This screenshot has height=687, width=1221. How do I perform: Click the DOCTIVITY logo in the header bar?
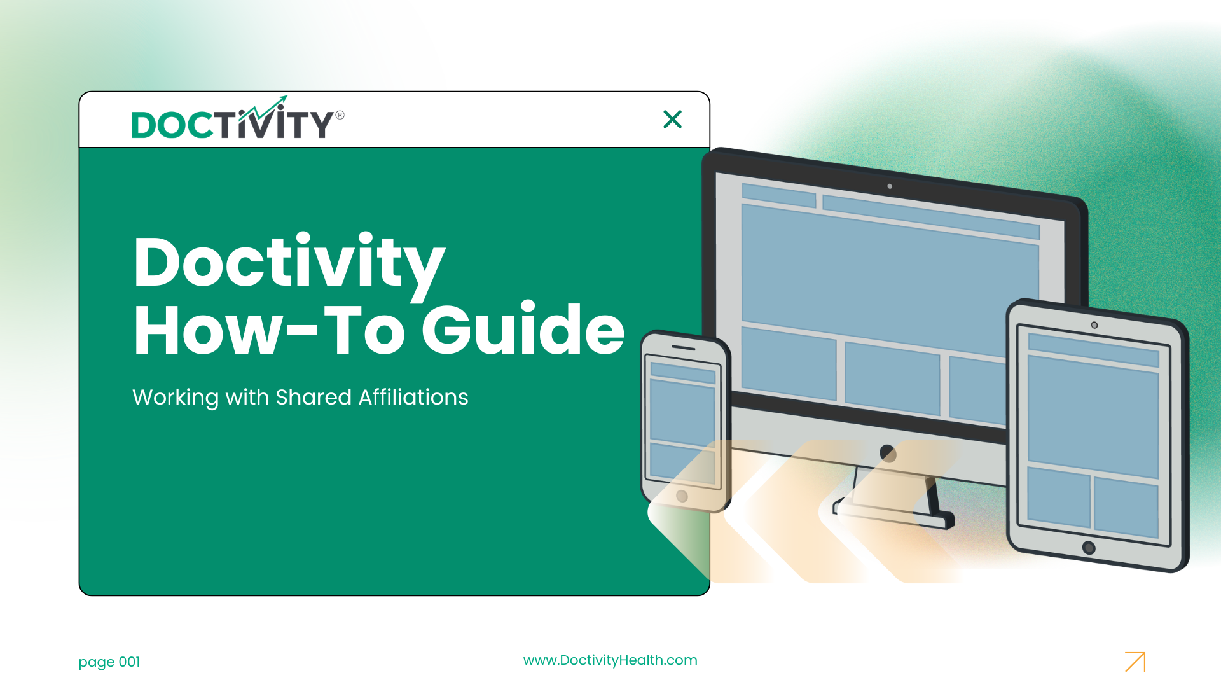coord(238,118)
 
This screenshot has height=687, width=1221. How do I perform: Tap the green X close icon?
coord(672,119)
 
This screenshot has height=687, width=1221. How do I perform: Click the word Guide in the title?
coord(523,329)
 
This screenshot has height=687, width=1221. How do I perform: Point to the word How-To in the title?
coord(269,329)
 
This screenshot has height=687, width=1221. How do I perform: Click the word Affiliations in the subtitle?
coord(413,397)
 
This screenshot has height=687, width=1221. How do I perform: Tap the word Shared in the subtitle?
coord(314,397)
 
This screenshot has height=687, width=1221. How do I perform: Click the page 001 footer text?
coord(109,662)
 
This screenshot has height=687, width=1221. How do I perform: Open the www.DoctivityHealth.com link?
coord(610,660)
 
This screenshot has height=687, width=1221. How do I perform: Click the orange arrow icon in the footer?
coord(1135,662)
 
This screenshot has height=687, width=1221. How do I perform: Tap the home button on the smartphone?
coord(682,496)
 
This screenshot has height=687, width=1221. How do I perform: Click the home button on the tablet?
coord(1089,548)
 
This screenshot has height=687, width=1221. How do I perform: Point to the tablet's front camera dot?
coord(1094,325)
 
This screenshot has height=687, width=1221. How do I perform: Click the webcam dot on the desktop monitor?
coord(890,186)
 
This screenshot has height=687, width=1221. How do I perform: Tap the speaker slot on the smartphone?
coord(684,348)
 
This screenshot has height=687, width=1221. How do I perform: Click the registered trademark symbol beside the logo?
coord(340,115)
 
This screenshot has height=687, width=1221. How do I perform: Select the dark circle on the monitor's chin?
coord(888,454)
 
